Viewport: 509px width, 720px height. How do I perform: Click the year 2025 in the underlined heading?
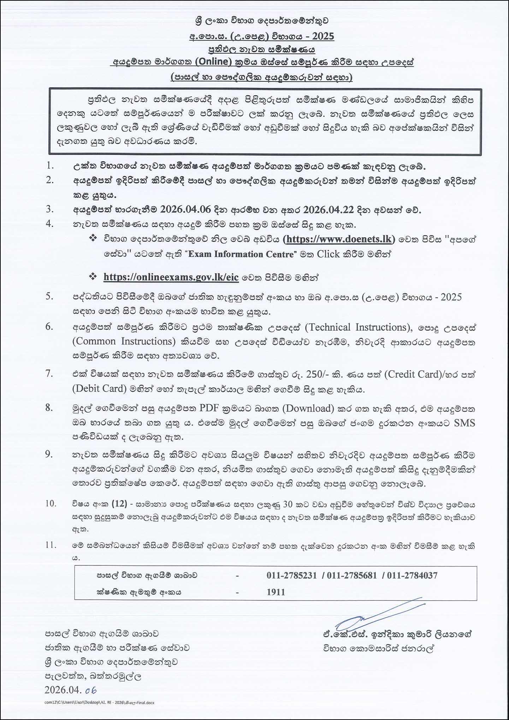coord(323,36)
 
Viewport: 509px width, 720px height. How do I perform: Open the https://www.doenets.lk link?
coord(339,239)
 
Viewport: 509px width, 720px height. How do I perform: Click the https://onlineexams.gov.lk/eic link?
coord(171,277)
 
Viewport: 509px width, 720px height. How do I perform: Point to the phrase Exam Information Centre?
coord(241,254)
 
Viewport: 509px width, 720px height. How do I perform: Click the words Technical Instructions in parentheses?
coord(357,327)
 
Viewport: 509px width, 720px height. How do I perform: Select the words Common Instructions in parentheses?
coord(124,341)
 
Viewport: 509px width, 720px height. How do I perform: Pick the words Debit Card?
coord(100,389)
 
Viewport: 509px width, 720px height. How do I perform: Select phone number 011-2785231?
coord(292,576)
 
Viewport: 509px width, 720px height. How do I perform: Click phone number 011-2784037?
coord(412,576)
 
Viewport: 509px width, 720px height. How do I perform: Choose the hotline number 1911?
coord(276,592)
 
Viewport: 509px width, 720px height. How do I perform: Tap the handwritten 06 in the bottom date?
coord(91,690)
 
